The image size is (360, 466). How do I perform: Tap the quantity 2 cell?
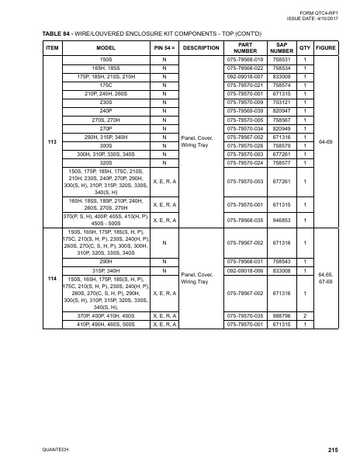click(x=304, y=316)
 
